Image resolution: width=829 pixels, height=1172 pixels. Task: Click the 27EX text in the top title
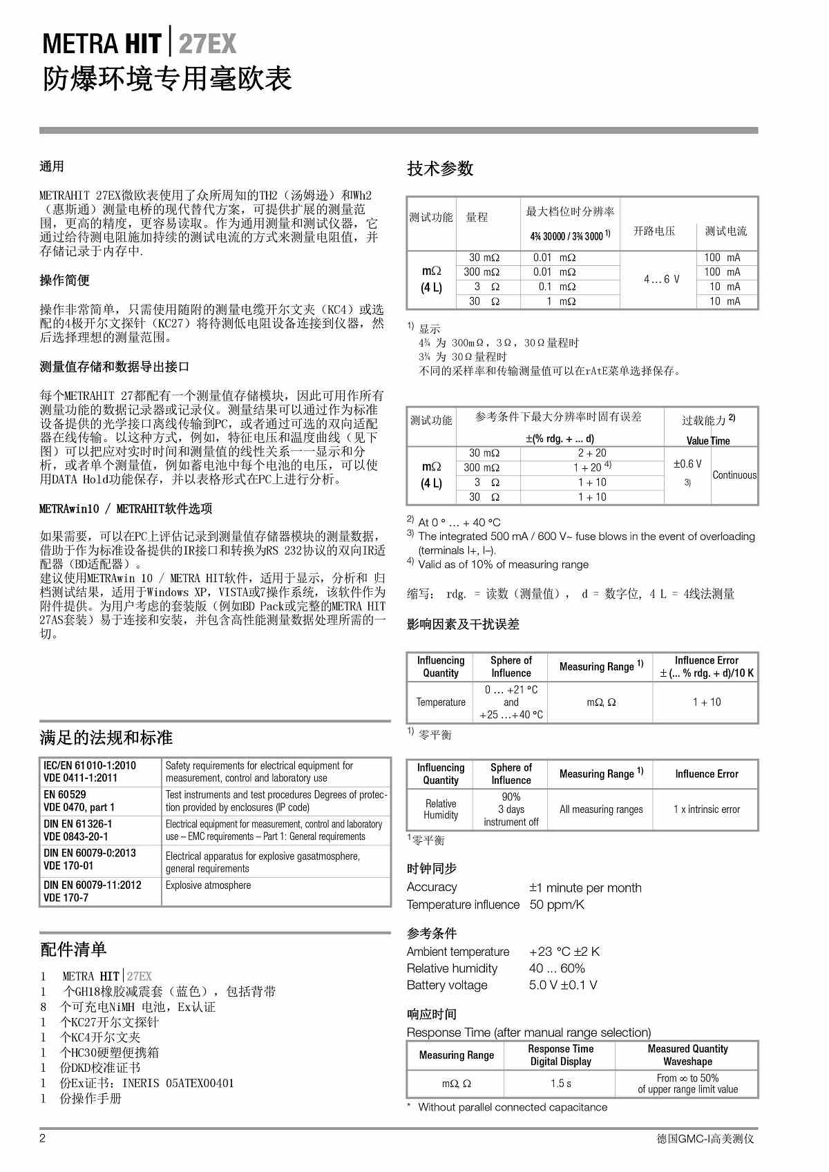click(x=207, y=44)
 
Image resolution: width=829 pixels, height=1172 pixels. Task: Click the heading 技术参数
click(x=440, y=169)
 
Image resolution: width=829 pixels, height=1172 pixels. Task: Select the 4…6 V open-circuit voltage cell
click(x=661, y=279)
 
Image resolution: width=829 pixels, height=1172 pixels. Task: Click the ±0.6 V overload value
click(x=687, y=464)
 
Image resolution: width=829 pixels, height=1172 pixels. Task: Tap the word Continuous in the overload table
click(x=734, y=475)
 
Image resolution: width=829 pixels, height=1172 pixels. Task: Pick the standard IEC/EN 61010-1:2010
click(x=90, y=765)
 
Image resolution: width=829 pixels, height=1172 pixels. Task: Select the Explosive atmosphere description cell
click(x=208, y=885)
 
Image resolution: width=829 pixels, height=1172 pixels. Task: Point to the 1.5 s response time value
click(x=560, y=1084)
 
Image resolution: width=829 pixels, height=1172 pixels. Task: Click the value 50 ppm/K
click(x=557, y=905)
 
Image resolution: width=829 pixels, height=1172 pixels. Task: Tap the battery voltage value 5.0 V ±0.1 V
click(x=563, y=985)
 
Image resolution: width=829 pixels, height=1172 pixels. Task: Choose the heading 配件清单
click(x=73, y=950)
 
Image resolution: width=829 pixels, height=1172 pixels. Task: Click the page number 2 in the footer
click(x=42, y=1139)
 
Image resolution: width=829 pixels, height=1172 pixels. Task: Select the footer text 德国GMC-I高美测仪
click(x=705, y=1139)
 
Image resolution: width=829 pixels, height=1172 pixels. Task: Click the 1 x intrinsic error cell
click(x=706, y=809)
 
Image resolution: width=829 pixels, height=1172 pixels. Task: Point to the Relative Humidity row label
click(x=441, y=809)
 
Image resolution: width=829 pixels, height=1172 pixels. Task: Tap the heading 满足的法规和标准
click(x=106, y=738)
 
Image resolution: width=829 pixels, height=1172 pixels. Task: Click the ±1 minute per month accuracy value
click(x=585, y=887)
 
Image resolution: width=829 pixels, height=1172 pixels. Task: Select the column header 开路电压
click(x=654, y=231)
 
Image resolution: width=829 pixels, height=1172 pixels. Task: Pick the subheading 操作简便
click(x=64, y=280)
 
